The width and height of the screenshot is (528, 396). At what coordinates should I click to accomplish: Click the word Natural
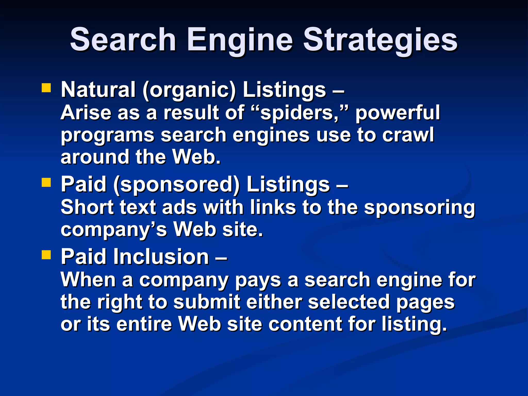(x=98, y=89)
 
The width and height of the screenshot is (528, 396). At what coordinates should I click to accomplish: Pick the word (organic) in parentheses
(x=189, y=90)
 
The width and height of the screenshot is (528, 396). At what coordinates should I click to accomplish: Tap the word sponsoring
(x=419, y=208)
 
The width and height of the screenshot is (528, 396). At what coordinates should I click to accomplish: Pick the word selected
(x=349, y=302)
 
